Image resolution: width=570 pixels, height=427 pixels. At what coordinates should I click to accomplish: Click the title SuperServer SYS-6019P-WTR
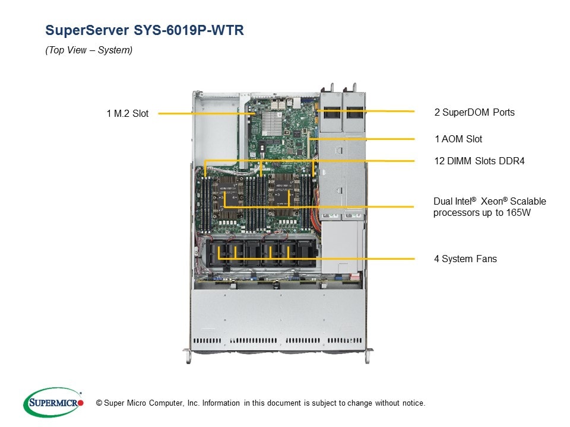pos(144,30)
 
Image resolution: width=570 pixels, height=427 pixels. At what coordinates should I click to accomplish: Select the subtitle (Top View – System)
pos(88,50)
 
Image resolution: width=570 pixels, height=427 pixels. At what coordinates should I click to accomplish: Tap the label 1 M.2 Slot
pos(128,113)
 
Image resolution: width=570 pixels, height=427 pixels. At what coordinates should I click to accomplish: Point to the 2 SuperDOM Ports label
pos(474,112)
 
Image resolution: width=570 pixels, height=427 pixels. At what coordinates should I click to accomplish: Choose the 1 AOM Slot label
pos(458,139)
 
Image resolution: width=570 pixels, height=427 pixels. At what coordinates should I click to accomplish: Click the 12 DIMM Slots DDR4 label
pos(479,161)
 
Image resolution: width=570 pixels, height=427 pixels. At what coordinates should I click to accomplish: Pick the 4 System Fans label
pos(465,259)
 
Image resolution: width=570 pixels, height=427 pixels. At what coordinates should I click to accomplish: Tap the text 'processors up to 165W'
pos(482,213)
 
